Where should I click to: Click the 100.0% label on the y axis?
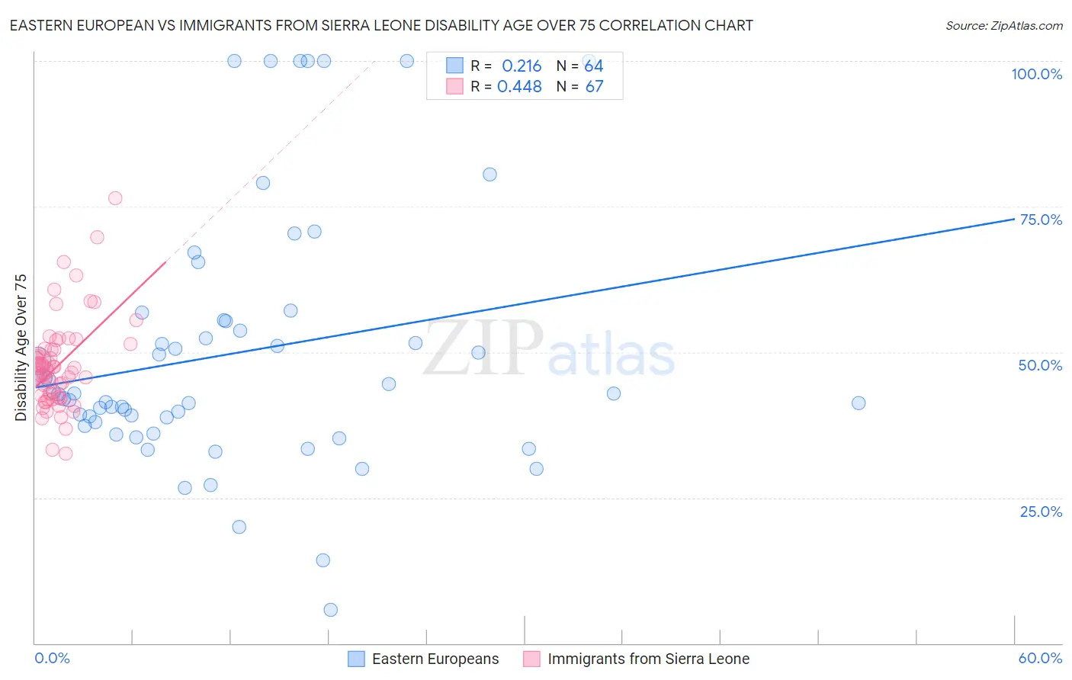click(1036, 74)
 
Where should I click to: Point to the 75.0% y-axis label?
click(1041, 220)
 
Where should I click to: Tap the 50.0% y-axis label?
click(1040, 365)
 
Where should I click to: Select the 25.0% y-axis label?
click(1041, 511)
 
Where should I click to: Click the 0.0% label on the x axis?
click(52, 658)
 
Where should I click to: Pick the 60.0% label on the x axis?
click(1040, 658)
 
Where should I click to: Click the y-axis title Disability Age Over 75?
click(21, 347)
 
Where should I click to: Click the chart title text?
click(381, 25)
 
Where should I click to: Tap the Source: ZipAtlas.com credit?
click(1003, 25)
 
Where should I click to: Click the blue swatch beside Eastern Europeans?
click(356, 659)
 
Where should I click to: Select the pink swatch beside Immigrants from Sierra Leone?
click(531, 659)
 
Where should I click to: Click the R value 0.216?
click(522, 66)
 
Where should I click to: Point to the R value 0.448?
click(519, 86)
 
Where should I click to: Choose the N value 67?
click(594, 86)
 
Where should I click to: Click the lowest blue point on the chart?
click(330, 610)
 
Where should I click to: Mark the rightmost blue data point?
click(859, 403)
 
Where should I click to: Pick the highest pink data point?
click(115, 198)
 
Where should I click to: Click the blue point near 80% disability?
click(489, 175)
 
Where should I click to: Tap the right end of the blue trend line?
click(1014, 219)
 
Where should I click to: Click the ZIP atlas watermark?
click(549, 349)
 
